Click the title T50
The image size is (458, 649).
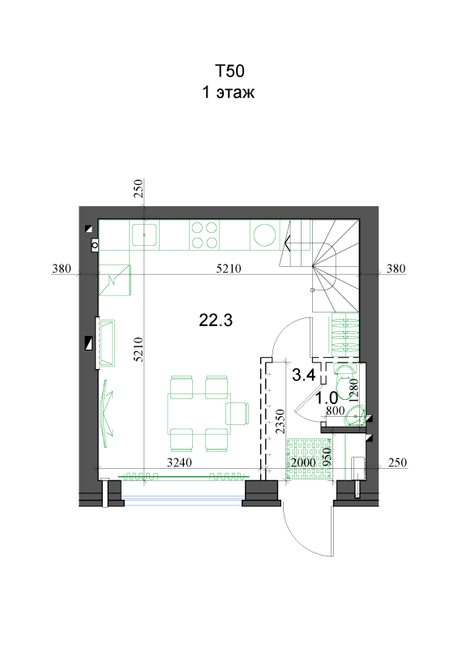pos(229,71)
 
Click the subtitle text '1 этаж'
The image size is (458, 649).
pos(229,92)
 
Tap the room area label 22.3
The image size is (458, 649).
pos(216,320)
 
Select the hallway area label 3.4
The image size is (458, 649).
pos(304,375)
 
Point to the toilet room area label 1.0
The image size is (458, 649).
pos(327,398)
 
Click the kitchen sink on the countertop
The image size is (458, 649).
pos(144,234)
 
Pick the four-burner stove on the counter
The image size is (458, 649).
pos(204,234)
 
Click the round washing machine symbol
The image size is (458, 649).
pos(265,234)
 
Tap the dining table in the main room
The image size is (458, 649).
pos(199,414)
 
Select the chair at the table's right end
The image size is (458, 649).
pos(238,414)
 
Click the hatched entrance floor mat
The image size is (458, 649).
pos(309,458)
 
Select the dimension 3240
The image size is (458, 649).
pos(179,462)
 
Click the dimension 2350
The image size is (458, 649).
pos(280,421)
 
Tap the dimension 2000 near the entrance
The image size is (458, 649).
pos(303,462)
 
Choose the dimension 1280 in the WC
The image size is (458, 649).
pos(353,391)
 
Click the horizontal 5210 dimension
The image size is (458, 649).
pos(229,269)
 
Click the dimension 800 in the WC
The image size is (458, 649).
pos(335,410)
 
